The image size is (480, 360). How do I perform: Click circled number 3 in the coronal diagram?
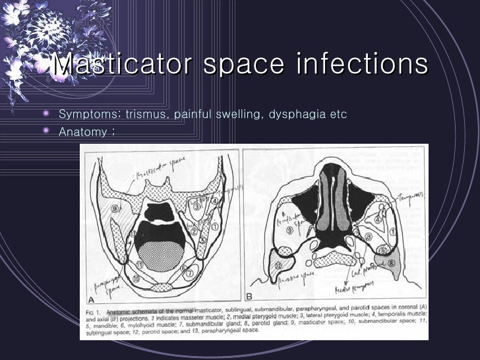tap(196, 207)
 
